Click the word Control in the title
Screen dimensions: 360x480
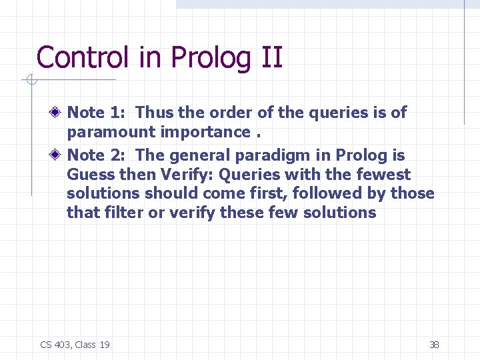(81, 57)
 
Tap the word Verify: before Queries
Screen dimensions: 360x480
(184, 175)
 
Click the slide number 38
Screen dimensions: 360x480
(434, 345)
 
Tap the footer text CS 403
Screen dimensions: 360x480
(55, 345)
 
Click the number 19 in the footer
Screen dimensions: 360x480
(104, 345)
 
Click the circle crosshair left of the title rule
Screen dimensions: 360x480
(29, 81)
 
